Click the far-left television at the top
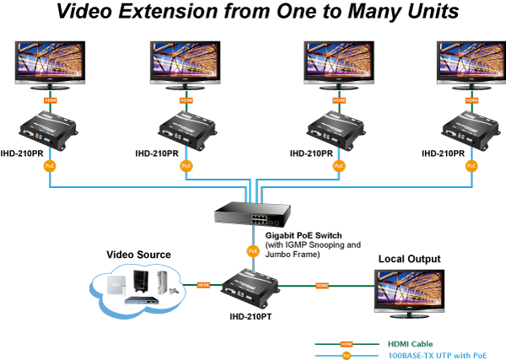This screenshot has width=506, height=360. (x=50, y=62)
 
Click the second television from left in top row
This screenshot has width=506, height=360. (x=186, y=62)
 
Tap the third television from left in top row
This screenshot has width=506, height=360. (x=339, y=62)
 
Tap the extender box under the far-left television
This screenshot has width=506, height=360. (x=49, y=129)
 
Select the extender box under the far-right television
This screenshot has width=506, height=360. (x=471, y=129)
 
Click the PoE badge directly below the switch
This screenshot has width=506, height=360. (x=252, y=250)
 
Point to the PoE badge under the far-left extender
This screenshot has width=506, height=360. (x=50, y=166)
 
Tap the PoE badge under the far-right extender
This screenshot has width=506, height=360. (x=471, y=166)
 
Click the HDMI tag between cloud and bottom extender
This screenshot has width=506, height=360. (x=203, y=285)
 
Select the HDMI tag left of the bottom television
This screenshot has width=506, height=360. (x=321, y=286)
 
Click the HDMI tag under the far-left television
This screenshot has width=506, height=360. (x=50, y=100)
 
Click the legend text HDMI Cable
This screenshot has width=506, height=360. (x=411, y=344)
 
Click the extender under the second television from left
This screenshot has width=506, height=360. (x=187, y=129)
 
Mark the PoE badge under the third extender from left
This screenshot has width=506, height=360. (x=339, y=166)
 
